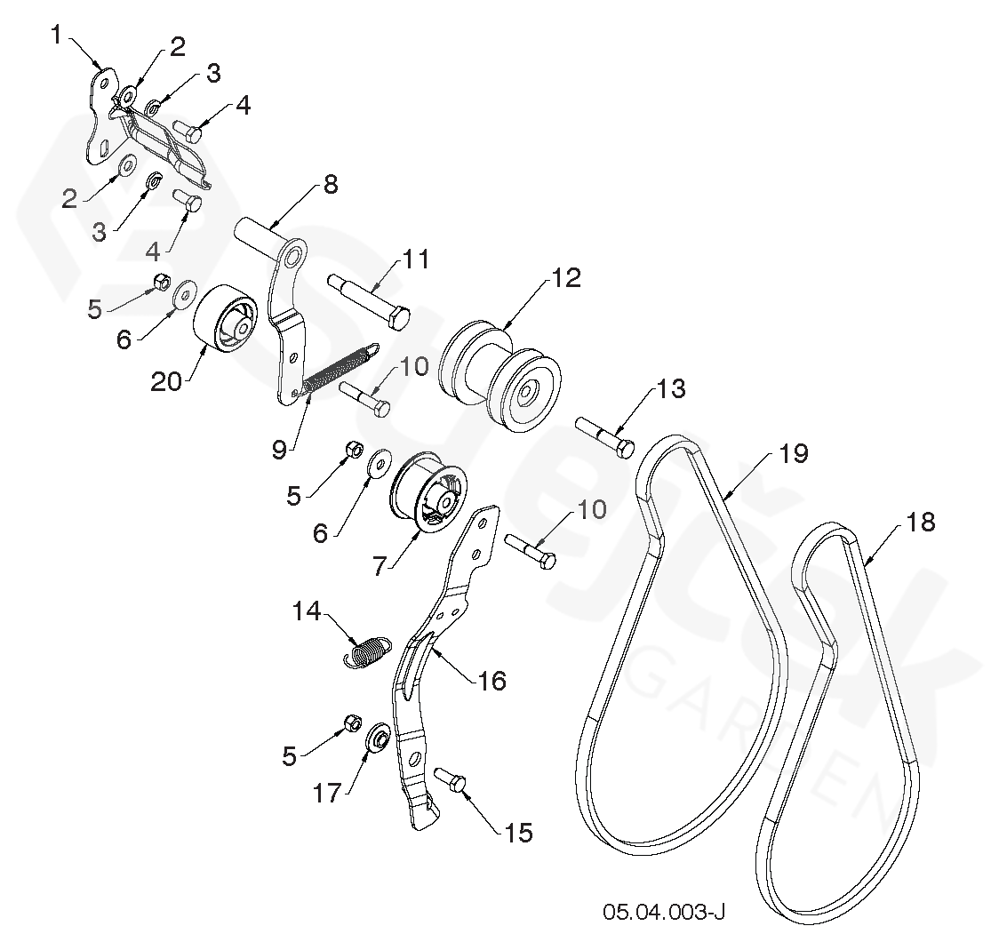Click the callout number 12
565,278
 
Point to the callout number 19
793,453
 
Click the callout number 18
921,523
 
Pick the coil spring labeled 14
365,651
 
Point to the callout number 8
330,185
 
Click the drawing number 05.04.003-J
664,912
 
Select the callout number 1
56,36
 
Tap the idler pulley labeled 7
429,494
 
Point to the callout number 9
279,450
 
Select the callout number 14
309,611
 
